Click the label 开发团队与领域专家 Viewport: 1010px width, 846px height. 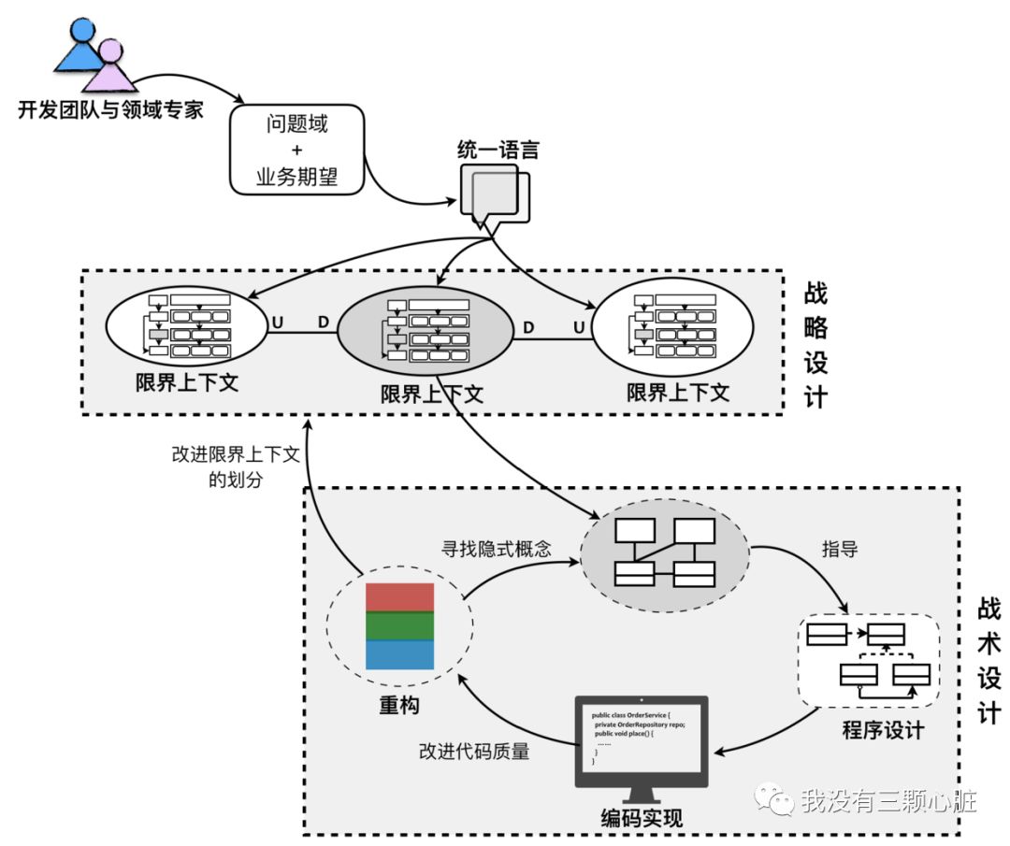(x=110, y=110)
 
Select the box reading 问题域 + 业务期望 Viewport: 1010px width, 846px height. (x=296, y=150)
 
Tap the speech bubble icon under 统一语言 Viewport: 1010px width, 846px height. (x=493, y=196)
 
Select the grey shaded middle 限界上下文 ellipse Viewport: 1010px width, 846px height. (x=426, y=330)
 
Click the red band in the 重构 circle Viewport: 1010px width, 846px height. (x=399, y=597)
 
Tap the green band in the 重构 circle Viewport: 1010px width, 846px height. (x=399, y=625)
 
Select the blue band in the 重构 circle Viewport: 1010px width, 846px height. (x=399, y=654)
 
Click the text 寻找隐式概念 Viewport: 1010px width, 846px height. (x=496, y=549)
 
